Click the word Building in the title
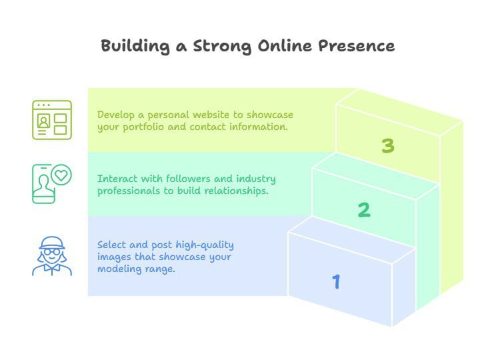135,47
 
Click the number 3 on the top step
388,146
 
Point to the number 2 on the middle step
364,210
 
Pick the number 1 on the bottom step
336,281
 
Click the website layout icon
52,120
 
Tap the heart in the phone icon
61,175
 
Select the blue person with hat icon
52,256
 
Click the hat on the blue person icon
52,243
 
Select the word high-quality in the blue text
205,245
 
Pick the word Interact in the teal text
117,179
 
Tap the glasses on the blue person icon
52,252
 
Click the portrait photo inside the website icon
43,121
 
